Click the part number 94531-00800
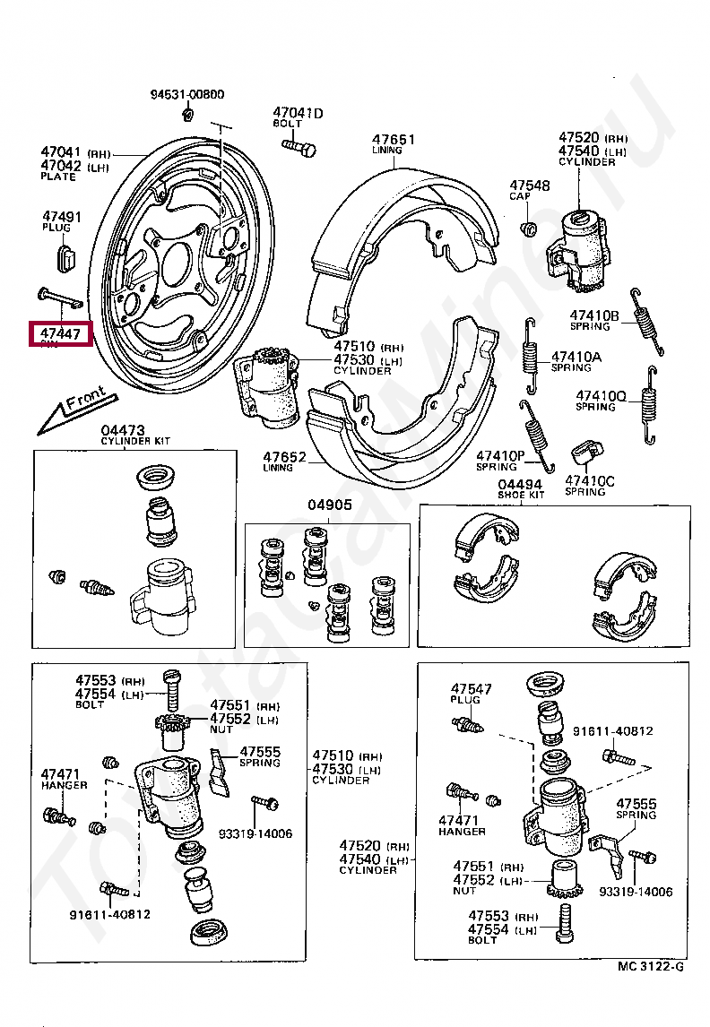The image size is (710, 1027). (x=186, y=94)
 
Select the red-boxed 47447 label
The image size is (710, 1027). (x=60, y=335)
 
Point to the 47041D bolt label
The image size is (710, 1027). (x=298, y=113)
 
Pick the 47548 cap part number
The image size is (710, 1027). (x=530, y=185)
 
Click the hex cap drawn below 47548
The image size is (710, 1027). (x=529, y=228)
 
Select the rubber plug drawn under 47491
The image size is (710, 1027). (x=65, y=255)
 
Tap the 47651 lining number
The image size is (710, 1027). (x=394, y=139)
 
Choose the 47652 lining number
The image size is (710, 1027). (x=285, y=457)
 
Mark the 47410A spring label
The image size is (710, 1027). (x=576, y=356)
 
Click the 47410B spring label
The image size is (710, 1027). (x=594, y=315)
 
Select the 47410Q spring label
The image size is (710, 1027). (x=601, y=395)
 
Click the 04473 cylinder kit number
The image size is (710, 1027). (x=123, y=430)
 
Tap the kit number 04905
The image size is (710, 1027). (x=326, y=505)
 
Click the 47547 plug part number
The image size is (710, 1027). (x=472, y=688)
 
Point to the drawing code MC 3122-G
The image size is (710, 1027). (x=650, y=967)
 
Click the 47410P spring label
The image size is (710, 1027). (x=499, y=455)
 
